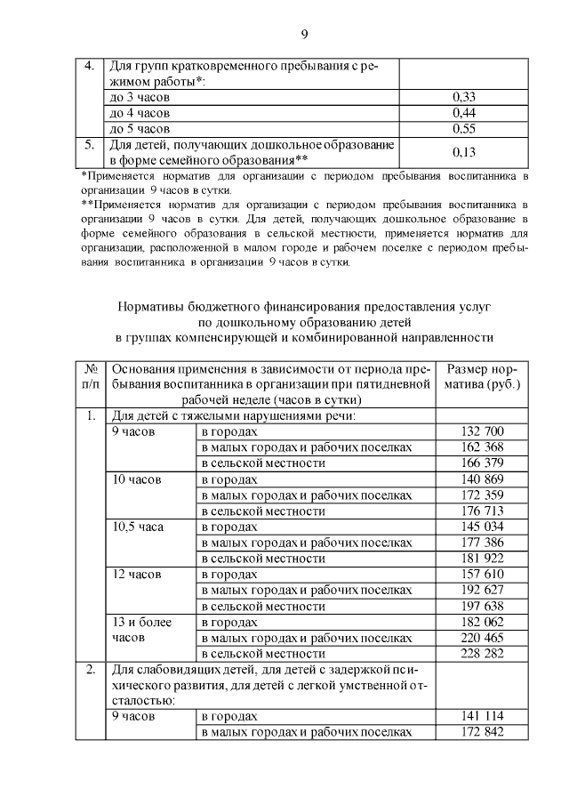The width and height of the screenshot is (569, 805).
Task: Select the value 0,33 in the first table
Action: (464, 96)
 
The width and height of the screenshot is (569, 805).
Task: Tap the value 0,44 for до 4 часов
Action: (464, 112)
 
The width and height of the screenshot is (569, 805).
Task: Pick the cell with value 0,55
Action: (464, 128)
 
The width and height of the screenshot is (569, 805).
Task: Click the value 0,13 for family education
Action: (464, 152)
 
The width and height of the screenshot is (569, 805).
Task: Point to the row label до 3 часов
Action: (134, 96)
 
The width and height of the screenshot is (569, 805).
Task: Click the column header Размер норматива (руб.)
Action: (483, 376)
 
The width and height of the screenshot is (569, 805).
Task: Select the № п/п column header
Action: (90, 376)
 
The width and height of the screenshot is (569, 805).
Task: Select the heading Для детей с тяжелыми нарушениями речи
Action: (232, 415)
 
